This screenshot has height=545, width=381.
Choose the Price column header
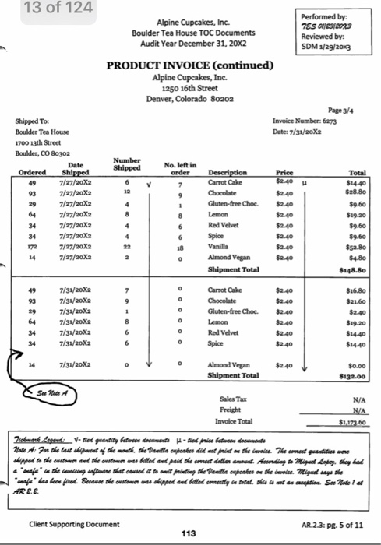point(284,173)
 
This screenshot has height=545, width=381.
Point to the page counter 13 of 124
point(47,8)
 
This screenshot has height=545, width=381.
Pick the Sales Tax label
point(231,398)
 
